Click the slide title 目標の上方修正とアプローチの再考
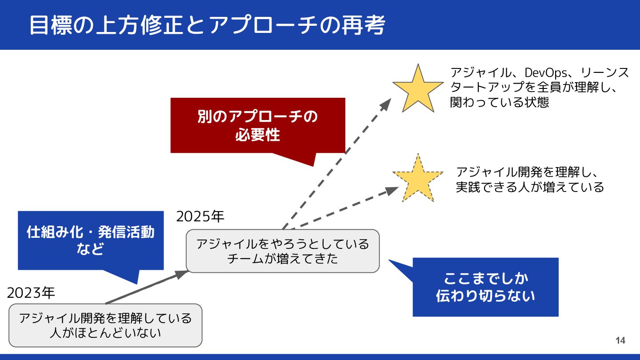point(207,25)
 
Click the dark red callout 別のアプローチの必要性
point(258,125)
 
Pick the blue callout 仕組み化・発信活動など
point(91,240)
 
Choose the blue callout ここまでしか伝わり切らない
point(485,287)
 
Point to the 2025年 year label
point(200,216)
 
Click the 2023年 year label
point(31,293)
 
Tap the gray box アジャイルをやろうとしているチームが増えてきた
point(283,251)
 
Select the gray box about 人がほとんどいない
point(105,325)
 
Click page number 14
point(620,340)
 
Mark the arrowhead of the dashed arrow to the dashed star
point(392,190)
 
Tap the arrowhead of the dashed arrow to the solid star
point(385,104)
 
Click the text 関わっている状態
point(500,102)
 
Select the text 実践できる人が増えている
point(530,187)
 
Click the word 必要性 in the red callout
point(258,134)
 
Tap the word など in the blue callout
point(90,249)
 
